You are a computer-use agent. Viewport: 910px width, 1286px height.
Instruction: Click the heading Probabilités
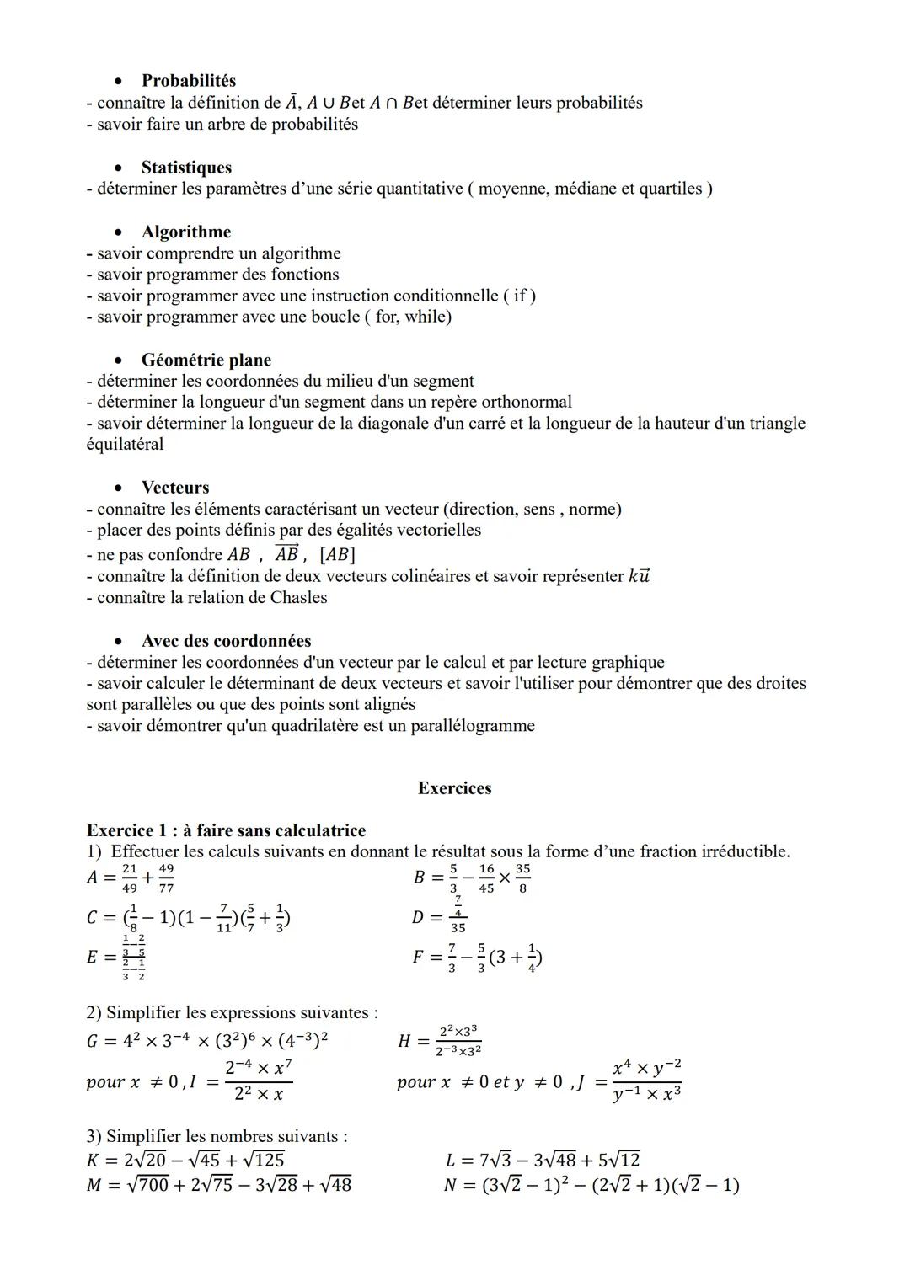(188, 81)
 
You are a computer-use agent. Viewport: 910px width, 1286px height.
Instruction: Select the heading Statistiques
(186, 168)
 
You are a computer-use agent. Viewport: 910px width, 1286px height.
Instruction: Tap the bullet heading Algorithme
(185, 232)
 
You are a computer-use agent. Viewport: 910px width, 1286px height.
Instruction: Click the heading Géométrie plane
(206, 360)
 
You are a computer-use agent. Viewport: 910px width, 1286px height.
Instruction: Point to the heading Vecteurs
(175, 488)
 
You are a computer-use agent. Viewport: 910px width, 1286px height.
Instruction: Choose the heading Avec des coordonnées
(226, 641)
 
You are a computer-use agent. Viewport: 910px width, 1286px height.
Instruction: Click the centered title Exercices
(454, 788)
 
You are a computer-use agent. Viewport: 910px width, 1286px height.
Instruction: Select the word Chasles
(298, 597)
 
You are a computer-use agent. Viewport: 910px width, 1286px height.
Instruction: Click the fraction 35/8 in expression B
(522, 878)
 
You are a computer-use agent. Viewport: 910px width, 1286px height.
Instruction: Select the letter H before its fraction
(404, 1042)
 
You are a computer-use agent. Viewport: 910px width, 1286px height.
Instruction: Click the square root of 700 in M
(146, 1185)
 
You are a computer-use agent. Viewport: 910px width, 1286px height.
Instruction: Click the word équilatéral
(125, 444)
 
